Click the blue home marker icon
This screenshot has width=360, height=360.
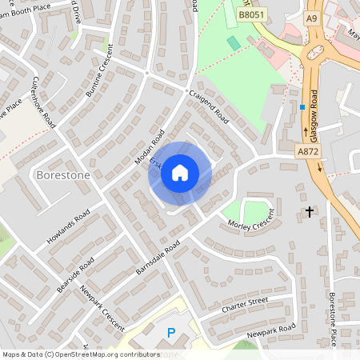point(180,172)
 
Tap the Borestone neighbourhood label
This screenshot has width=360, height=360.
point(63,174)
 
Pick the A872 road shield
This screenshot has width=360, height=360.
point(307,150)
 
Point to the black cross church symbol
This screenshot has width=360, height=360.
point(310,212)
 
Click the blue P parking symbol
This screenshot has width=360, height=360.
point(170,334)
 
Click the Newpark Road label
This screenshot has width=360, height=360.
point(271,329)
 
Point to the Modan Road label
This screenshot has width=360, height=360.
point(149,147)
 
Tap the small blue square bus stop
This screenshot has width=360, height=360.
point(302,107)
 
